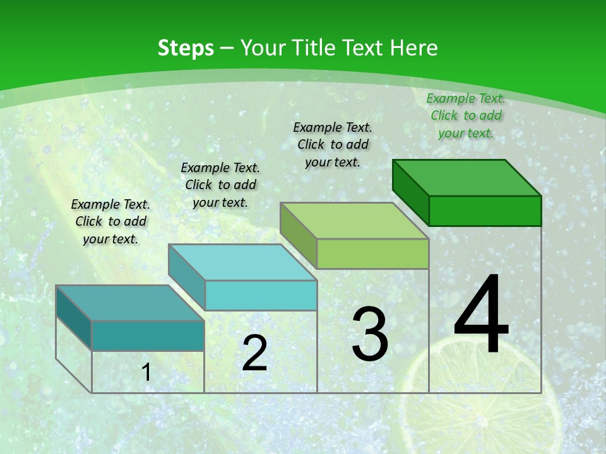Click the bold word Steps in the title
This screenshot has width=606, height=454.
coord(185,48)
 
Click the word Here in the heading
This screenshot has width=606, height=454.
coord(413,48)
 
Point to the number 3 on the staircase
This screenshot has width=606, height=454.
coord(370,334)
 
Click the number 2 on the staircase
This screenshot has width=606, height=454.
coord(254,353)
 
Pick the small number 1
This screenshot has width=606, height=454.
coord(146,373)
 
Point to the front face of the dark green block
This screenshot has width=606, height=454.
coord(485,211)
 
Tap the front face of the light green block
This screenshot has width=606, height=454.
coord(372,254)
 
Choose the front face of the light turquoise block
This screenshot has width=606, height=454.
coord(261,295)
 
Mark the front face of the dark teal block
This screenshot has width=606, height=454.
coord(148,335)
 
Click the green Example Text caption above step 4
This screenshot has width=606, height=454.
coord(466,115)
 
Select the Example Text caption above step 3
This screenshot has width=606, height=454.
coord(333,144)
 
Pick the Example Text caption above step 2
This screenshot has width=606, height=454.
coord(220,185)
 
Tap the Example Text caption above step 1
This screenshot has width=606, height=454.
coord(110,221)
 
